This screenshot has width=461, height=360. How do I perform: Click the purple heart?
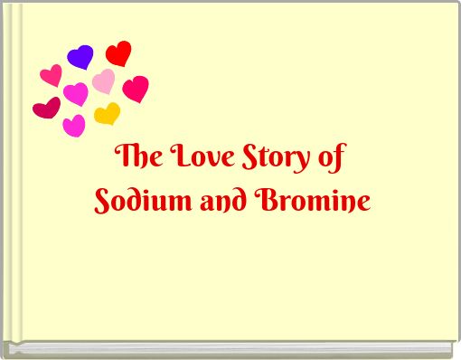[80, 57]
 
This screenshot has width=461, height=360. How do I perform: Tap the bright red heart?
[118, 53]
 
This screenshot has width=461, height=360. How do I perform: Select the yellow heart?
[107, 114]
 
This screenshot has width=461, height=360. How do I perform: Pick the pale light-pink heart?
[104, 81]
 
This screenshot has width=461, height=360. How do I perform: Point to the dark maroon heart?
[46, 108]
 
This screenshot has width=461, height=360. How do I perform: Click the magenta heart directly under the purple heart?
[76, 93]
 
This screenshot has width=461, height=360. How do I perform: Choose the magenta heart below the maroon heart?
[74, 126]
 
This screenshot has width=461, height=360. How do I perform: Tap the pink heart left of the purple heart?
[52, 76]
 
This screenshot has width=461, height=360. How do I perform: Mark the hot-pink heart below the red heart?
[136, 89]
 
